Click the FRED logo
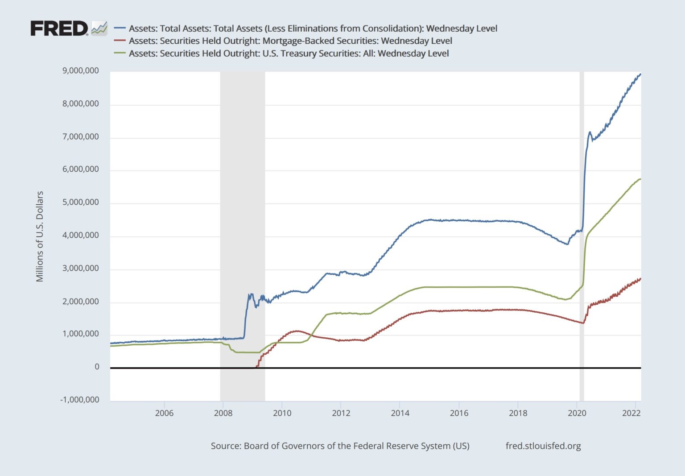point(59,29)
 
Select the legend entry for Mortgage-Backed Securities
point(290,41)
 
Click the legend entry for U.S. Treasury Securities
point(288,54)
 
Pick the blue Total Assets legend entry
point(312,29)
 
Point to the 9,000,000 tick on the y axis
point(81,71)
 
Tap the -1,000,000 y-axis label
point(80,400)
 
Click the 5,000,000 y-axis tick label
point(81,203)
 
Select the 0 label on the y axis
point(97,367)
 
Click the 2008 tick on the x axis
point(223,413)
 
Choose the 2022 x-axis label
point(631,413)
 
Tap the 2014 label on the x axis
point(400,413)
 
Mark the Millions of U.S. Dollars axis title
point(40,236)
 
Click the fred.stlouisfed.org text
point(543,446)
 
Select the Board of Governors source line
point(340,446)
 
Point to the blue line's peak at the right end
point(640,74)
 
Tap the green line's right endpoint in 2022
point(640,179)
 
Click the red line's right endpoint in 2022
point(640,279)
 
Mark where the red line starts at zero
point(256,367)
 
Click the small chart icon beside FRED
point(99,28)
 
